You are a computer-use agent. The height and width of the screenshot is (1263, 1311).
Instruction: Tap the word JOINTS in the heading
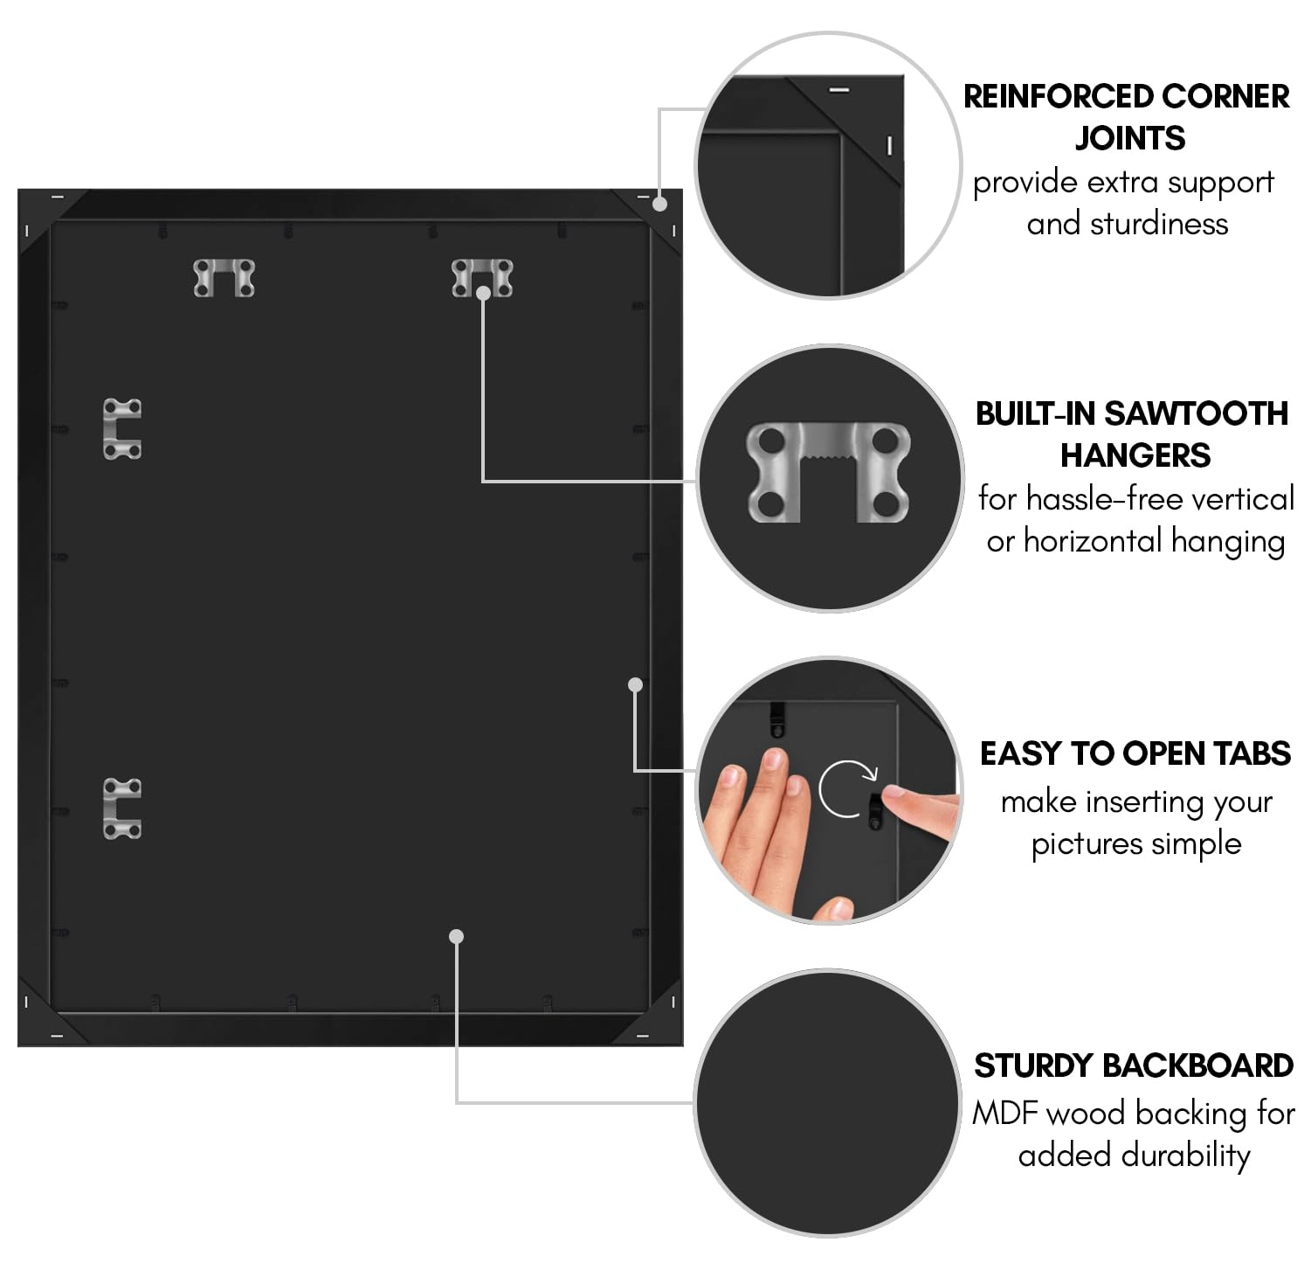point(1129,138)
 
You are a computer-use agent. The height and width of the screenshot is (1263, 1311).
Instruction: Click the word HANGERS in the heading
point(1135,455)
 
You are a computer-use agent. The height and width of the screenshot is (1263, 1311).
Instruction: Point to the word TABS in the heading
point(1251,753)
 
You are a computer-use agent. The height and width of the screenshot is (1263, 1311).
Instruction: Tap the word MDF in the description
point(1005,1113)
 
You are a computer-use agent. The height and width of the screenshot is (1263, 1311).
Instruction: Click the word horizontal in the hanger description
point(1093,541)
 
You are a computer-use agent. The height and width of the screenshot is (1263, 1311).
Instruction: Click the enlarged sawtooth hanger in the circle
point(828,472)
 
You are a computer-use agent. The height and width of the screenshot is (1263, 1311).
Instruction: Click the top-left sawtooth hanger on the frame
point(224,278)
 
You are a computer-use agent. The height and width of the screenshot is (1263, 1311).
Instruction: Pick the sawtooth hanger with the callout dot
point(482,277)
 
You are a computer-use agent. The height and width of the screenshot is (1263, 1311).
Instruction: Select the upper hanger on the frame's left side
point(122,429)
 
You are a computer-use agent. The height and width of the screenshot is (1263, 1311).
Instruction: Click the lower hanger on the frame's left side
point(122,808)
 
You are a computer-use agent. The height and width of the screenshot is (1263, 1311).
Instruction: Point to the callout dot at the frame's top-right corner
point(660,204)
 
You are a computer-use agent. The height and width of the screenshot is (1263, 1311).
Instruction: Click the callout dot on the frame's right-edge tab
point(636,684)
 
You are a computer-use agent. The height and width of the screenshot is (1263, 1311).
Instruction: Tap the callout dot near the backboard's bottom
point(456,936)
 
